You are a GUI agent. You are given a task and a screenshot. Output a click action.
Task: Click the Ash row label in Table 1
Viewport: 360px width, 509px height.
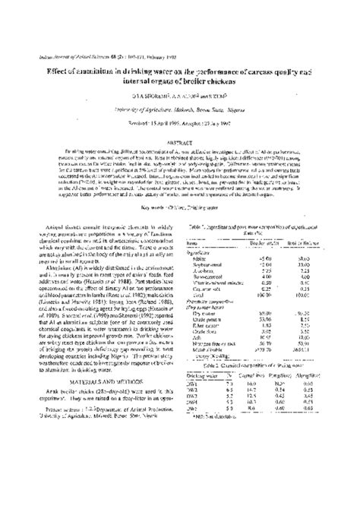pos(199,332)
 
